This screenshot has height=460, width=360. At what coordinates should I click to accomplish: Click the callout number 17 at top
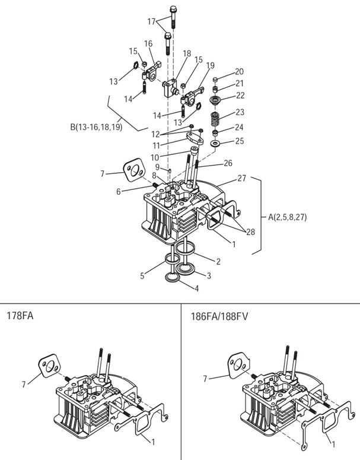151,21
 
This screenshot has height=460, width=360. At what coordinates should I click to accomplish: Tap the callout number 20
240,72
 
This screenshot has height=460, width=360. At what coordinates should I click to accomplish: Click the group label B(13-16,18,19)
96,127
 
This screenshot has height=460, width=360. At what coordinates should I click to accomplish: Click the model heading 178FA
20,315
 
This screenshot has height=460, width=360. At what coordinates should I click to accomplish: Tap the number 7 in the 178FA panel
24,384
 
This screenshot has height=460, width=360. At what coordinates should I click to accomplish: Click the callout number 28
250,232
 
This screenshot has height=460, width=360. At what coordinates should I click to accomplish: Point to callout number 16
148,43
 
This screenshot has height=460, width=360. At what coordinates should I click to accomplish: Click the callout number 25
240,141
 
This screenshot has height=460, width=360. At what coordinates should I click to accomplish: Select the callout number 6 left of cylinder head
119,191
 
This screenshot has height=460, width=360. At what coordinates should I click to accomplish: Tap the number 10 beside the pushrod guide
155,157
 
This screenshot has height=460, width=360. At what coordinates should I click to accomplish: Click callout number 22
240,95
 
